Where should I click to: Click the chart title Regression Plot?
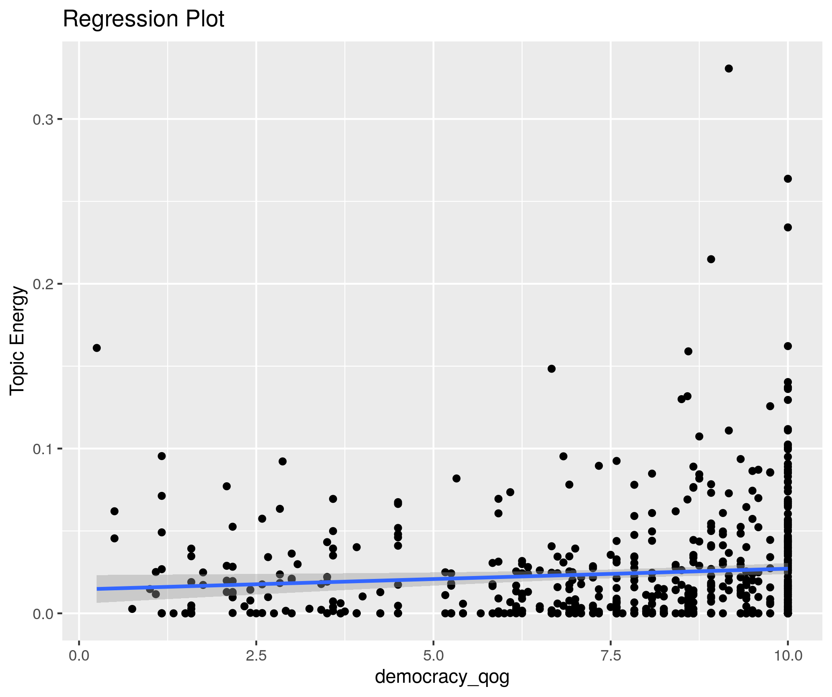click(143, 19)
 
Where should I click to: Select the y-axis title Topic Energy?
click(18, 340)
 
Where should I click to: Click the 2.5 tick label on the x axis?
click(256, 655)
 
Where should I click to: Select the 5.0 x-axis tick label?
click(434, 655)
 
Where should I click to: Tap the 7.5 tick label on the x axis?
click(611, 655)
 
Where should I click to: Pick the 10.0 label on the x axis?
click(788, 655)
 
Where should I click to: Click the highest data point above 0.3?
click(729, 69)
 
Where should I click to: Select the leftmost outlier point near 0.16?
click(97, 348)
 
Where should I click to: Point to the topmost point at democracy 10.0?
click(788, 179)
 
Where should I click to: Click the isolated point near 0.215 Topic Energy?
click(711, 259)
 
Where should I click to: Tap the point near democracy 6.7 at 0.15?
click(551, 369)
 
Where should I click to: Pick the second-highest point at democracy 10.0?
click(788, 227)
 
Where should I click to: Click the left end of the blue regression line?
click(98, 589)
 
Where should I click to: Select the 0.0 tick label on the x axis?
click(79, 655)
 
